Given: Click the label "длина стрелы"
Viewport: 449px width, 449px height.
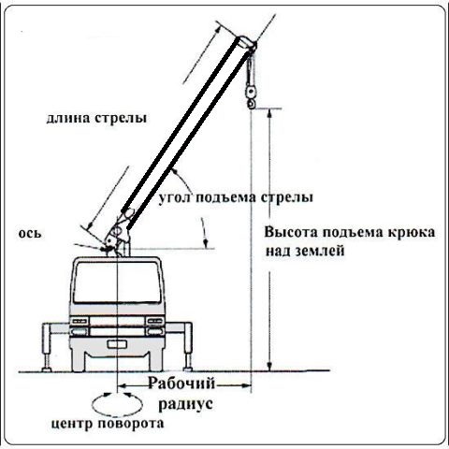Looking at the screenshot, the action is pos(96,119).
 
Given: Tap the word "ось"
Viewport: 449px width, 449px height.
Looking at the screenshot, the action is pos(30,234).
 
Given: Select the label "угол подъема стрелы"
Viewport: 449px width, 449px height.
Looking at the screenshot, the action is pos(236,197).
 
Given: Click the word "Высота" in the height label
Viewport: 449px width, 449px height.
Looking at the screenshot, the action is pos(291,232).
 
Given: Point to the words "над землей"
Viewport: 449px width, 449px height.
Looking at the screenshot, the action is pos(305,251).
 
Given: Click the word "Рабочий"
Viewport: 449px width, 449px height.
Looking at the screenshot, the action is pos(181,384).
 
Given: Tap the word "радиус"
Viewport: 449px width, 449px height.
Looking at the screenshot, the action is pos(186,404).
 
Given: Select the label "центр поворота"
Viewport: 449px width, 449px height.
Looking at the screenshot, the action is pos(107,424).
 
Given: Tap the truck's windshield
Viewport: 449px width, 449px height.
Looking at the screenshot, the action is pos(117,282).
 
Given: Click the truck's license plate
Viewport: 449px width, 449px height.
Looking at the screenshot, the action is pos(117,344).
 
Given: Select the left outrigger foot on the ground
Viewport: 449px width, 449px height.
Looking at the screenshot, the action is pos(47,369).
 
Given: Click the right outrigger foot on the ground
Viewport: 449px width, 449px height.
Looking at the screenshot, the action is pos(187,369).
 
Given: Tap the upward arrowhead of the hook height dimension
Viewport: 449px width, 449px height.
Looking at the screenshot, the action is pos(270,113).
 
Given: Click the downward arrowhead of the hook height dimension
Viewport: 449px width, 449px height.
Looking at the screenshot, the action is pos(270,366).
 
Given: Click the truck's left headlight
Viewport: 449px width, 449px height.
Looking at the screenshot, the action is pos(80,321).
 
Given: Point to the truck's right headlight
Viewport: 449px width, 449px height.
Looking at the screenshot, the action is pos(155,321).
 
